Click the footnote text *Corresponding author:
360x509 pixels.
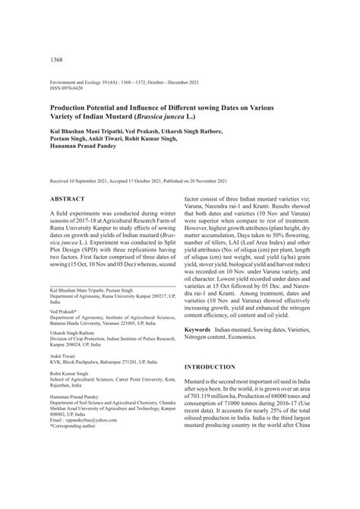pyautogui.click(x=77, y=489)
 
